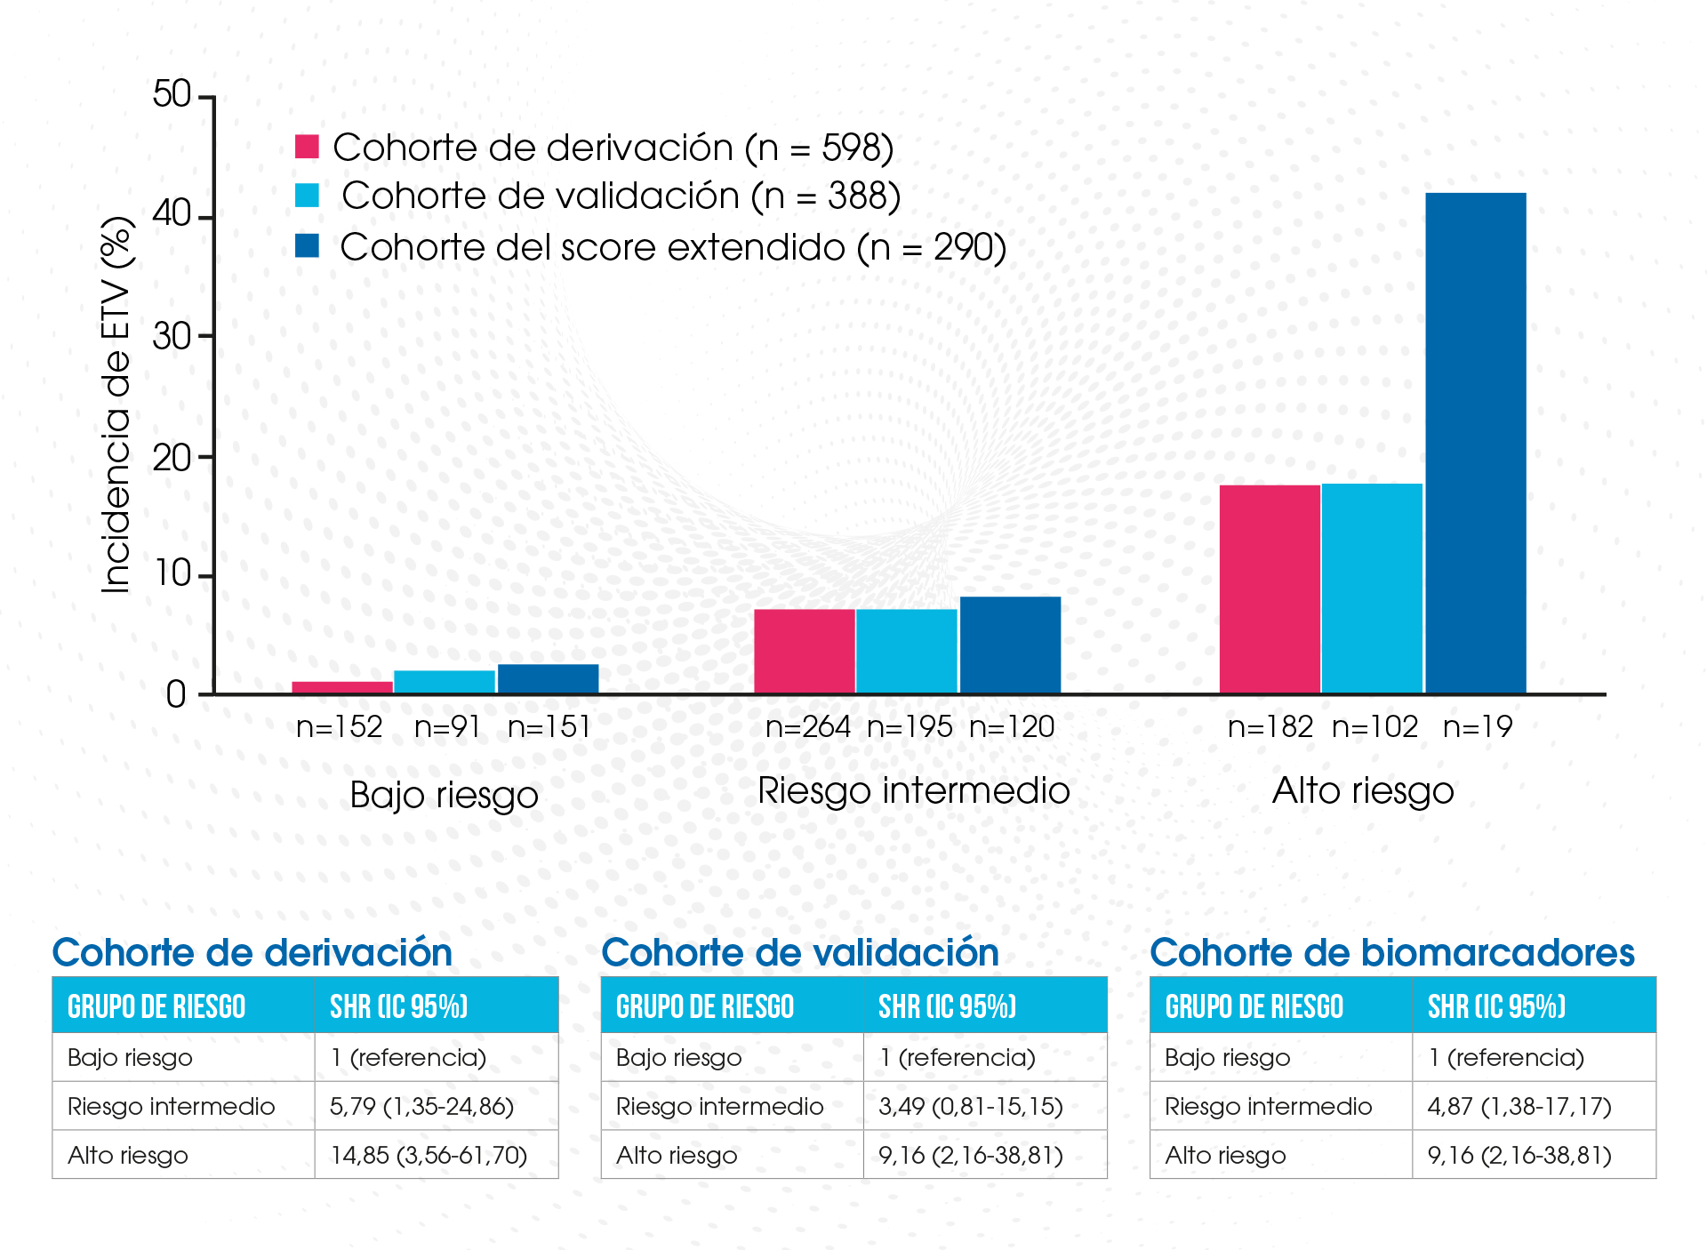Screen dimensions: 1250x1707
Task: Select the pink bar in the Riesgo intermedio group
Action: (804, 651)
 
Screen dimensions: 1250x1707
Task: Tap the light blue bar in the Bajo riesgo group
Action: (445, 682)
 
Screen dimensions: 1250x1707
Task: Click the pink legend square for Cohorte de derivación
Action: (307, 147)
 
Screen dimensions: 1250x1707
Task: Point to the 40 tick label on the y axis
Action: (172, 214)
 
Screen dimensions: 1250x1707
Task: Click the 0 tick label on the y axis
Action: (176, 694)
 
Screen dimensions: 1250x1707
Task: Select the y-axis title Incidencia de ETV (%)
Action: (116, 405)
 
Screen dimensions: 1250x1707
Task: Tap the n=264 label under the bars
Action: (807, 727)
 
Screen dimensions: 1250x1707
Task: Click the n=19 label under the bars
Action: (1477, 727)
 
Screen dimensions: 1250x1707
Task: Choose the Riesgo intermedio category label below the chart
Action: (913, 790)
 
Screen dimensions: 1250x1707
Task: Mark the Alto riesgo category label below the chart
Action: (1363, 790)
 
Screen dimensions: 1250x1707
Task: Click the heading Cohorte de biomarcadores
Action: (1391, 952)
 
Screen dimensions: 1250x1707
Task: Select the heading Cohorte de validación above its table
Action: (800, 952)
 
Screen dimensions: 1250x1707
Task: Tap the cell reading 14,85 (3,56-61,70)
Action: (429, 1155)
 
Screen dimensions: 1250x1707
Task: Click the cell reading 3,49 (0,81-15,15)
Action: (971, 1106)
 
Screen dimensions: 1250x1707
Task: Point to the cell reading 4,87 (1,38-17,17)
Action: (1519, 1106)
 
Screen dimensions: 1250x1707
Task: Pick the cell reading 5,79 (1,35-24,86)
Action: (422, 1106)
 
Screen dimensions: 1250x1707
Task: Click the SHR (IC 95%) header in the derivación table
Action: (398, 1006)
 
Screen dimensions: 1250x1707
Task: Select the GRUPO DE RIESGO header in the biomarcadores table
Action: (1254, 1006)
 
